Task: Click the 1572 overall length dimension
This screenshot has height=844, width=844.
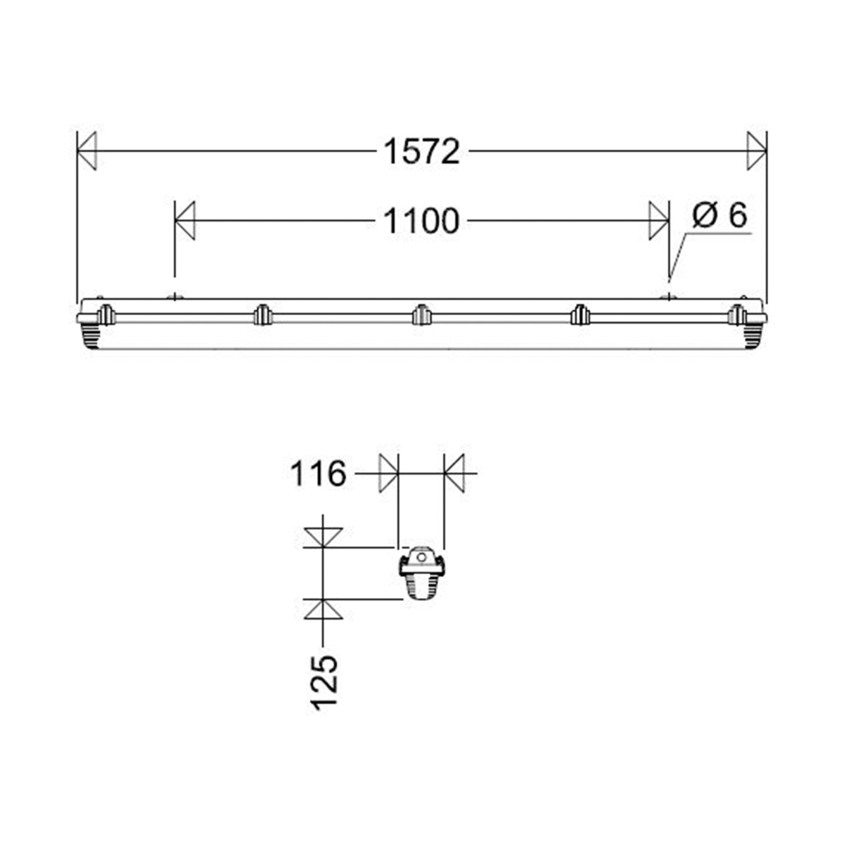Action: pos(421,151)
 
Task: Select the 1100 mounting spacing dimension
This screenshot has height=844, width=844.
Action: pos(421,222)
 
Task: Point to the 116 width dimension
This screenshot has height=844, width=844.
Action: pos(318,473)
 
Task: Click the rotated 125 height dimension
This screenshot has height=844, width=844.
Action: pos(324,682)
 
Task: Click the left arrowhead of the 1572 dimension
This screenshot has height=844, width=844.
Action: pos(87,151)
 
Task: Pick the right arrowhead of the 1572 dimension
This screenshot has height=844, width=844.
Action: pos(757,151)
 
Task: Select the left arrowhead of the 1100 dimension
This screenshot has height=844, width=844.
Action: pos(184,221)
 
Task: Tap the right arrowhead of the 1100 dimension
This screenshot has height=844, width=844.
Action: pos(659,221)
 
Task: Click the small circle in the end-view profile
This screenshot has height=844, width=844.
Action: pos(421,558)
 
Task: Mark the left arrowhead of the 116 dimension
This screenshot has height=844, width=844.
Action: pos(389,473)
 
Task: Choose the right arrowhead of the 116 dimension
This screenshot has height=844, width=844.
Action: pos(454,473)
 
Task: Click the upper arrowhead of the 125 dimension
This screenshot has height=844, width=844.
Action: pos(323,537)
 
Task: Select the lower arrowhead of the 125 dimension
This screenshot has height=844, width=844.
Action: pos(323,609)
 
